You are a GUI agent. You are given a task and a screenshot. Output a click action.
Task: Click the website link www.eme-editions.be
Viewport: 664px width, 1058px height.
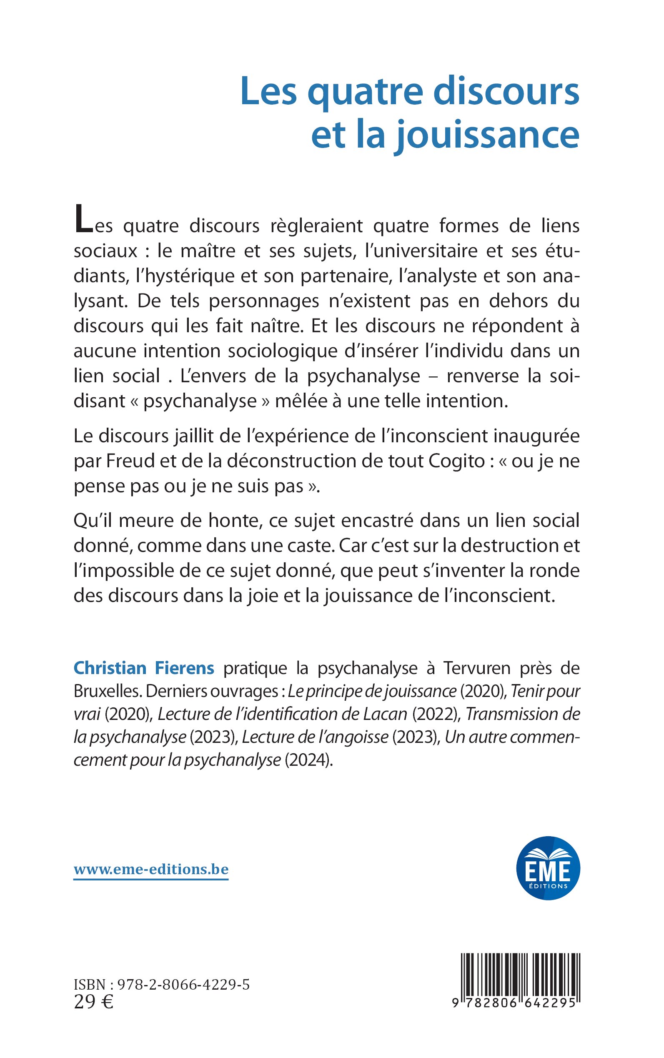click(151, 870)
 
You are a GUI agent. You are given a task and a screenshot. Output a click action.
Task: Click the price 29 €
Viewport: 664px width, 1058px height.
click(94, 1002)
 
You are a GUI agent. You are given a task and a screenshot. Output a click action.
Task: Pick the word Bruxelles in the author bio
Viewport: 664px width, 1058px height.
click(107, 691)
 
